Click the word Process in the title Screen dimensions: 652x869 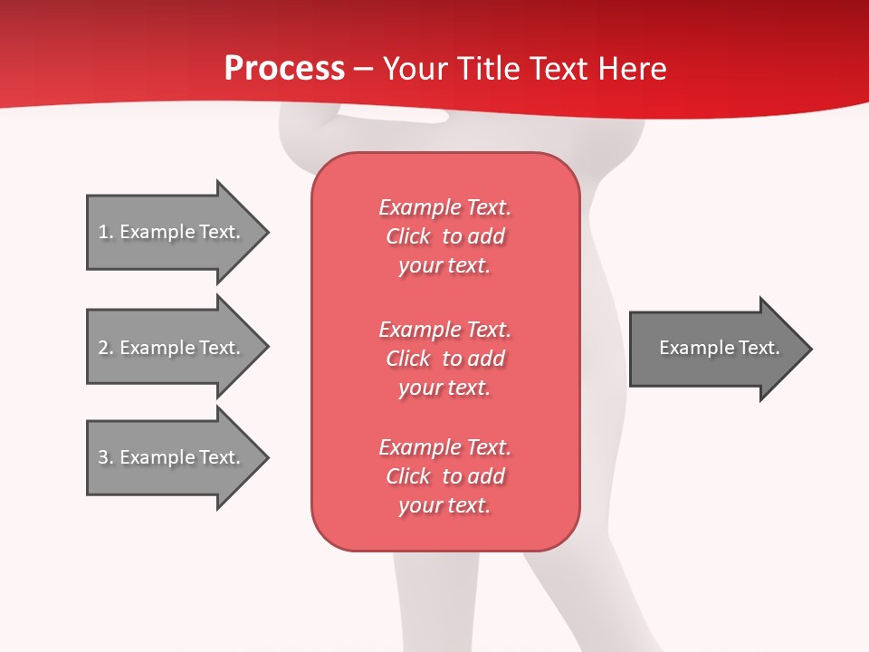[284, 69]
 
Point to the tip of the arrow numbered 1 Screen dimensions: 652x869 [266, 233]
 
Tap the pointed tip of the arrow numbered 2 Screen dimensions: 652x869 [266, 347]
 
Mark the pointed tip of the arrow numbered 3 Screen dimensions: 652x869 [266, 457]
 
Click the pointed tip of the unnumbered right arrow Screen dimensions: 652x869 [809, 349]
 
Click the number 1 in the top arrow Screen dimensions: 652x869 [103, 232]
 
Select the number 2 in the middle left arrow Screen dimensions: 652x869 [103, 348]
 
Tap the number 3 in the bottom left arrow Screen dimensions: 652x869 [103, 457]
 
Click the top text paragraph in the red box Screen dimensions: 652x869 [444, 236]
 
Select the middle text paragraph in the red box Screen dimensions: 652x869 [444, 359]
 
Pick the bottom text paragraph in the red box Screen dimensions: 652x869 [444, 476]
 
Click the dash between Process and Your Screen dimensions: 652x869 [363, 69]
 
